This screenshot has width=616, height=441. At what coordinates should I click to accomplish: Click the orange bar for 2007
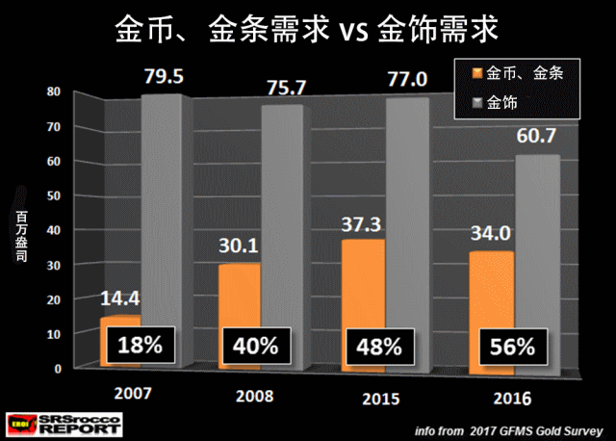pyautogui.click(x=119, y=324)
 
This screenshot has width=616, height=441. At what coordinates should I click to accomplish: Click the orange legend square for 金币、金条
pyautogui.click(x=475, y=73)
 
